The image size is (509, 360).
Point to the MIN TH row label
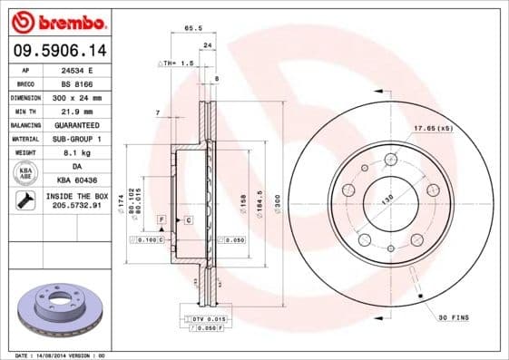pos(26,111)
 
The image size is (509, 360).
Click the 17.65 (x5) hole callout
pos(433,128)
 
